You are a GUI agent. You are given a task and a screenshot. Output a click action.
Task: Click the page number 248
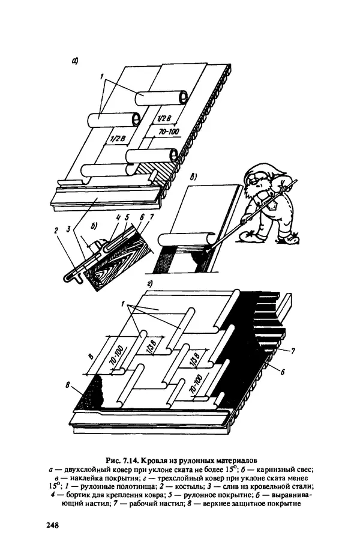pos(52,525)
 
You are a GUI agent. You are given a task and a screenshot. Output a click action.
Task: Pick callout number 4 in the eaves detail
pos(119,217)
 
